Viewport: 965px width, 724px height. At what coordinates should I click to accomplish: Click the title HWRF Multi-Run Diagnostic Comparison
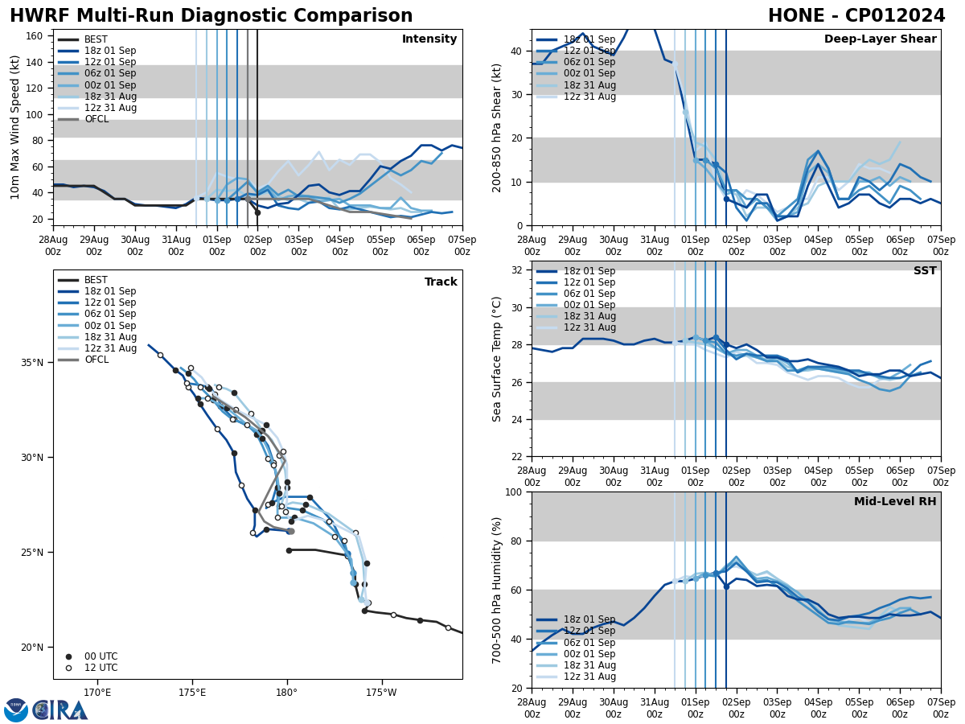tap(211, 16)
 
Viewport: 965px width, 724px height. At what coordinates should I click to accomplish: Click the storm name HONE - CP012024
tap(856, 16)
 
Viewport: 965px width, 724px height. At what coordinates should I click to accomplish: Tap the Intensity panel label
tap(429, 39)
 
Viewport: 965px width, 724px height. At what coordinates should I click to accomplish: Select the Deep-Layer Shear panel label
tap(880, 39)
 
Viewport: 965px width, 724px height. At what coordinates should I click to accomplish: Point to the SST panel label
tap(924, 271)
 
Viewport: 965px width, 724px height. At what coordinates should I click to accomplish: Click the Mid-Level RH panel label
tap(895, 502)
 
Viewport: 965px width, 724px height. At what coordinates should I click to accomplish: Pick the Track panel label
tap(441, 282)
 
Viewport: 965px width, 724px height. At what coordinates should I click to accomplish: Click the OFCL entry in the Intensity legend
tap(96, 119)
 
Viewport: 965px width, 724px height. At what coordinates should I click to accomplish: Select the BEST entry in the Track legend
tap(96, 280)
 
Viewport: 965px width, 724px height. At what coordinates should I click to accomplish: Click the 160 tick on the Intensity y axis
tap(35, 36)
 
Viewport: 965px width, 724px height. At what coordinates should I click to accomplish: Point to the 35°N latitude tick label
tap(32, 363)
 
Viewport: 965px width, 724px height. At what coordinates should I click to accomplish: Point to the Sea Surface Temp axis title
tap(497, 359)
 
